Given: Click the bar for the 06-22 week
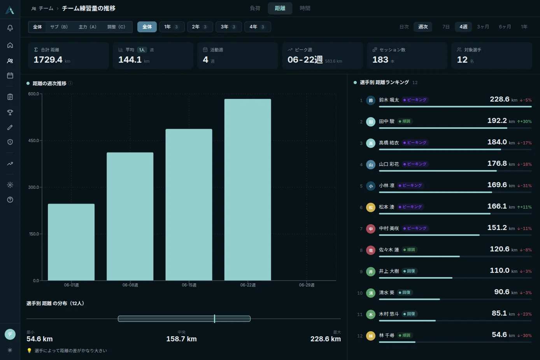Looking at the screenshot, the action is point(247,190).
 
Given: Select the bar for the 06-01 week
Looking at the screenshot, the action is point(71,242).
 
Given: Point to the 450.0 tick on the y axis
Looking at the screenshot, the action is point(33,140).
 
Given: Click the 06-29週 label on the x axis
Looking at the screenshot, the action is point(307,285).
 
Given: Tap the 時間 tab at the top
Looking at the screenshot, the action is point(305,8).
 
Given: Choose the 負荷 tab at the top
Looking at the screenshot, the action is point(255,8).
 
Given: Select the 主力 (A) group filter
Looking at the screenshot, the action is point(88,27).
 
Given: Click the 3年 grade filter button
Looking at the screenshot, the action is point(228,27).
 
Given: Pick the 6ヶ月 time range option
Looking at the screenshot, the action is point(505,27).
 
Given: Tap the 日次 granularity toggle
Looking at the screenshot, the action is point(404,27).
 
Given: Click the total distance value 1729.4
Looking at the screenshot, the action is point(48,60).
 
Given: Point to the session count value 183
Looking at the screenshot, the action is point(380,60).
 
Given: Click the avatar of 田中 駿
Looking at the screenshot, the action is point(371,122).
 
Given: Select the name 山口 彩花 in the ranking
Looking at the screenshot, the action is point(389,164).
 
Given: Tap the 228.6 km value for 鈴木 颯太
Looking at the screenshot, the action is point(503,99).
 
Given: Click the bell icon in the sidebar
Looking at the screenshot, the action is point(10,28).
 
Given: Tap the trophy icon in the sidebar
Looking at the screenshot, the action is point(10,112).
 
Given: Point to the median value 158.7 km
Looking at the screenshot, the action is point(182,339).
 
